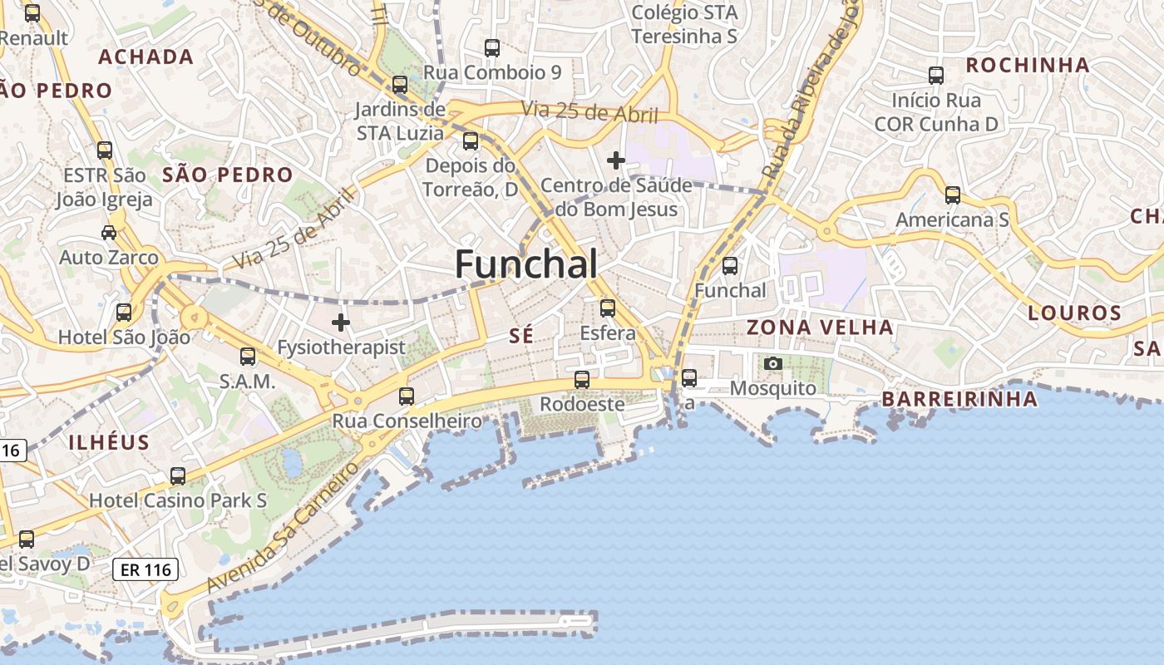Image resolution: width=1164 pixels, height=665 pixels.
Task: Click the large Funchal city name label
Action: point(525,264)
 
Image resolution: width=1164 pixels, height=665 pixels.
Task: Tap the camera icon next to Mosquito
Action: point(773,363)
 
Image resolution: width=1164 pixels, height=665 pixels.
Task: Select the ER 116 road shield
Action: point(145,569)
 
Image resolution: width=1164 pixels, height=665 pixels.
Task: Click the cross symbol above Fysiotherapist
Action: point(341,323)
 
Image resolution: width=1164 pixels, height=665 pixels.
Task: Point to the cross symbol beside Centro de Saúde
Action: point(616,160)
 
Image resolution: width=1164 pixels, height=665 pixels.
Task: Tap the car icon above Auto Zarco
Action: point(109,232)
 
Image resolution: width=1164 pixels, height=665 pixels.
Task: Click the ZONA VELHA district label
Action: point(820,328)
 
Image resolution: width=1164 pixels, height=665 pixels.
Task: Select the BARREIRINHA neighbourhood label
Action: point(959,400)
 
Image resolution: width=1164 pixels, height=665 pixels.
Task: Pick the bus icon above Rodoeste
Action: point(582,380)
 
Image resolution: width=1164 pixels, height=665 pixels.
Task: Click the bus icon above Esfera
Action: point(608,308)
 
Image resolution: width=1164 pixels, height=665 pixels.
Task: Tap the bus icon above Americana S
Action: point(953,195)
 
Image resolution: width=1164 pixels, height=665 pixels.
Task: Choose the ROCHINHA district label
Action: point(1028,65)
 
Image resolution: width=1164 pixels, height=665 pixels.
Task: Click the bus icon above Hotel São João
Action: point(124,313)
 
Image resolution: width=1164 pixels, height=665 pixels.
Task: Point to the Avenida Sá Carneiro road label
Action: point(282,528)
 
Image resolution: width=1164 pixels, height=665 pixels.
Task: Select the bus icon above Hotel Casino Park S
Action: point(178,476)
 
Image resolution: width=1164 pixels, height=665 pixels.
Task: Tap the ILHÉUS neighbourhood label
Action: point(109,442)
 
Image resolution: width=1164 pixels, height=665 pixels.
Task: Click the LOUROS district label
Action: point(1075,313)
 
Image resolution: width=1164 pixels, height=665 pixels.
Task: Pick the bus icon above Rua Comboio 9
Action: point(492,48)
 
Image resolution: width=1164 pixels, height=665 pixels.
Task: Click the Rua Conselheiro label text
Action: point(407,421)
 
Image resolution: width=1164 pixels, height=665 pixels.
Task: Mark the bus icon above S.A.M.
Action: point(248,357)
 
